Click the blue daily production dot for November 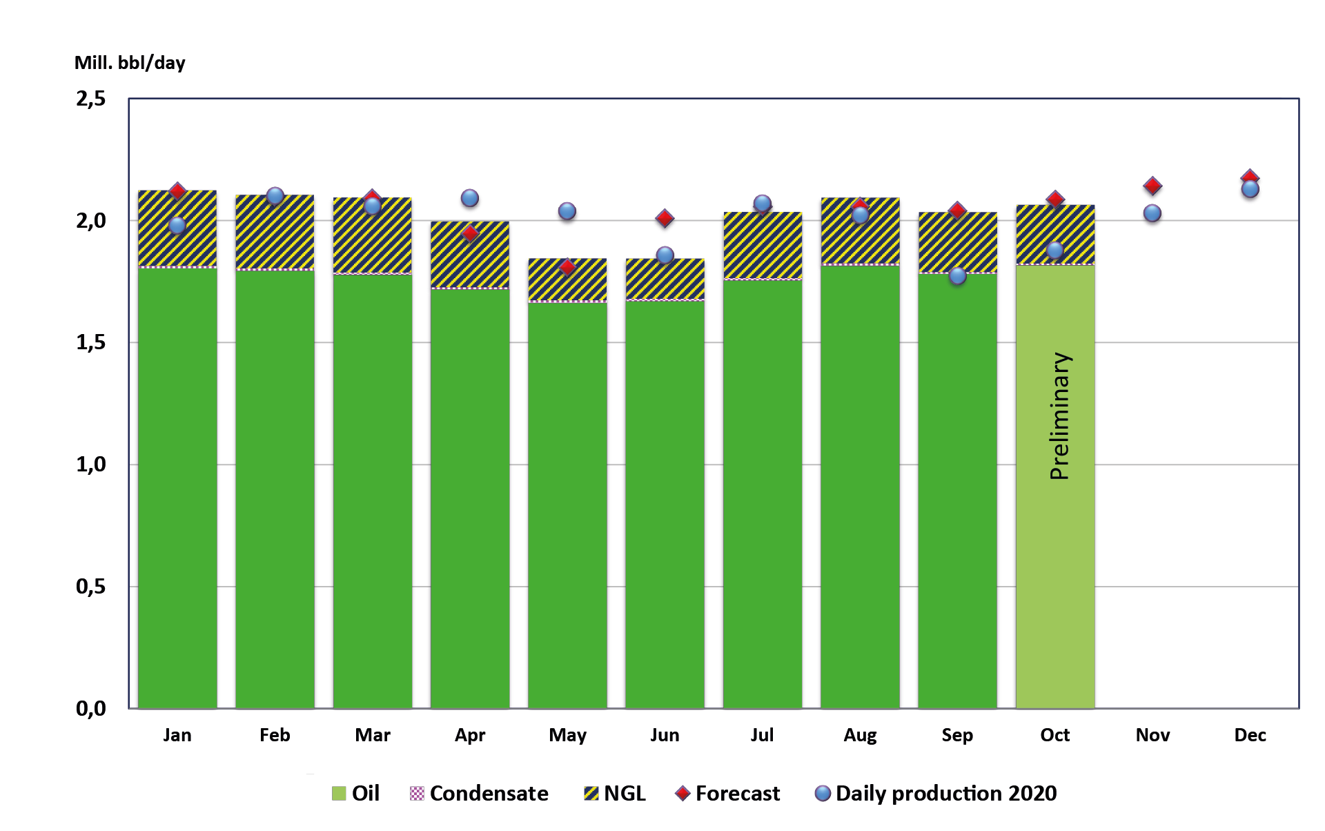click(x=1152, y=213)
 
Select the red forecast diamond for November click(x=1152, y=186)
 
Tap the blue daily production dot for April click(x=470, y=198)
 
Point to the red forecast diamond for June click(x=665, y=219)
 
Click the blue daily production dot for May click(x=567, y=211)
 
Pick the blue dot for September click(x=957, y=276)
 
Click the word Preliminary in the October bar click(x=1059, y=416)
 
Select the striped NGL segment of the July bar click(x=763, y=246)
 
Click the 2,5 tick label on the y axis click(x=91, y=99)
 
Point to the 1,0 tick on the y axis click(x=91, y=465)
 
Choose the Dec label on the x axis click(x=1250, y=735)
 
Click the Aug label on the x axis click(x=860, y=735)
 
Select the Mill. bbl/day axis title click(x=130, y=63)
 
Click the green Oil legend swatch click(x=339, y=794)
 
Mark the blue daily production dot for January click(x=177, y=225)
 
